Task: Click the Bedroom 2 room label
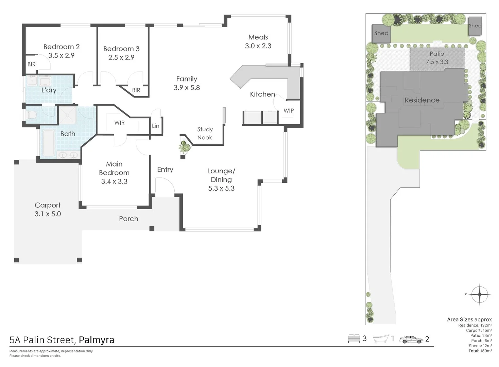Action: click(61, 47)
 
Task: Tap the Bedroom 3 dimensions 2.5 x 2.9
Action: click(121, 57)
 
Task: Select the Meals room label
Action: click(258, 37)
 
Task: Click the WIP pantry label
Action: click(289, 111)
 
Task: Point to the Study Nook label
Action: click(205, 133)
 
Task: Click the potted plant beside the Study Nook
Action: click(185, 147)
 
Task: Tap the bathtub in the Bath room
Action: click(49, 142)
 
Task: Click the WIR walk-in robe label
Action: click(119, 123)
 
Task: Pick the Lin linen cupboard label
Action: click(155, 126)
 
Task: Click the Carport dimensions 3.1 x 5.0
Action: click(48, 214)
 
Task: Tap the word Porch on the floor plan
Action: click(128, 219)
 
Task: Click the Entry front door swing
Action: click(165, 186)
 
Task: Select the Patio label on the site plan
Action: click(437, 54)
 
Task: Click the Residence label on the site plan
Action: click(422, 100)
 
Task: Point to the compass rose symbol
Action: click(480, 294)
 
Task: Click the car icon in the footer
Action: click(411, 339)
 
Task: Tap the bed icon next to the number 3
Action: click(354, 339)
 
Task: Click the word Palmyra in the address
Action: click(96, 340)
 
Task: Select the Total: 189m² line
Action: click(480, 351)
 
